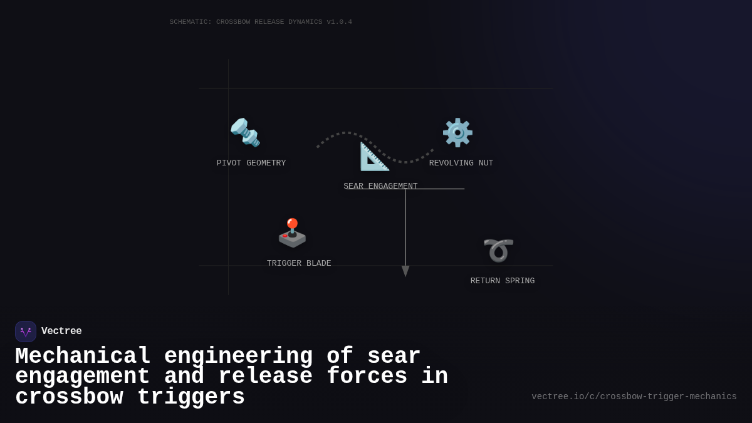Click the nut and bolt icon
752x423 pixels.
tap(245, 132)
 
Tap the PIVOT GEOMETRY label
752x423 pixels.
tap(251, 164)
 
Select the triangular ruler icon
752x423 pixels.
tap(374, 157)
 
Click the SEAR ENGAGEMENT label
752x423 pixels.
tap(380, 186)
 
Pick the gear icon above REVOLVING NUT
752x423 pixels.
tap(457, 132)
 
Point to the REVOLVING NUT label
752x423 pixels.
tap(461, 164)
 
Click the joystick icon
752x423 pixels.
tap(292, 232)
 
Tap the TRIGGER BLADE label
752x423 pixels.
tap(299, 264)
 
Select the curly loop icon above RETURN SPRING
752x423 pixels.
tap(498, 250)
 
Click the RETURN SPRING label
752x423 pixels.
tap(503, 281)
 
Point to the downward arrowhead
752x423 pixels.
tap(405, 271)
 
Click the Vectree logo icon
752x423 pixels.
tap(26, 332)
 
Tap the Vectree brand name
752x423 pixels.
tap(61, 332)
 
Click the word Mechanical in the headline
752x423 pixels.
tap(83, 357)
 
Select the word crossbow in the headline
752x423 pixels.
tap(69, 397)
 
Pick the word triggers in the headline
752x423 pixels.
tap(191, 397)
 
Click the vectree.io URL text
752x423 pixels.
tap(634, 397)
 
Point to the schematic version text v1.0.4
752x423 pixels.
tap(339, 22)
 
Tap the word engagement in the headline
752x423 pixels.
tap(82, 377)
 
